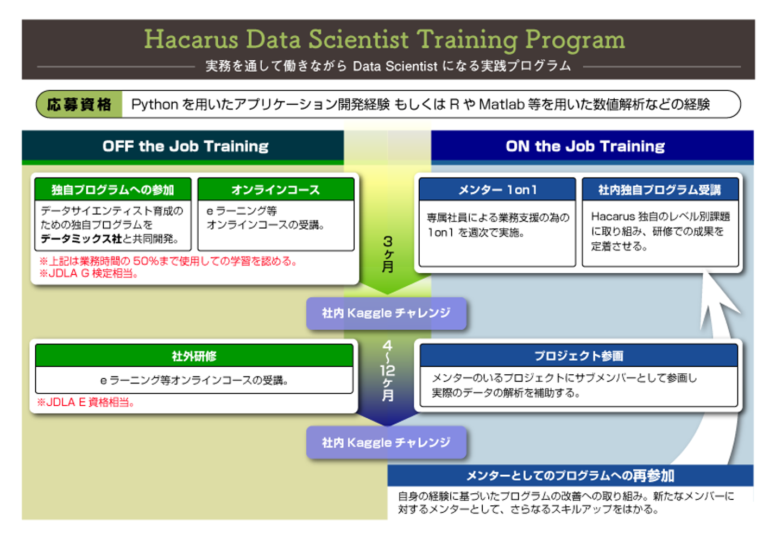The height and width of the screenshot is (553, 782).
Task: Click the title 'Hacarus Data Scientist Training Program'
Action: click(384, 40)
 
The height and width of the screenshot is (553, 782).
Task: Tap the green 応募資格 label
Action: click(79, 104)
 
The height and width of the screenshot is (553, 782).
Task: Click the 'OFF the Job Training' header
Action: click(185, 146)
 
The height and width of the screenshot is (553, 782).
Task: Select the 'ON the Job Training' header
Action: click(585, 146)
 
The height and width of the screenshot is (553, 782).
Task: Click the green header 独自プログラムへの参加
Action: click(113, 190)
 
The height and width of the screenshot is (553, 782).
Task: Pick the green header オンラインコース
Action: click(276, 190)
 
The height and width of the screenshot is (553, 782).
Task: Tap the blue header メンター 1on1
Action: click(497, 190)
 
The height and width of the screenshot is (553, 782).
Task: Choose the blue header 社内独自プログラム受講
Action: click(660, 190)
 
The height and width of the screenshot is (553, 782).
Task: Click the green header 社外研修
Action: click(194, 356)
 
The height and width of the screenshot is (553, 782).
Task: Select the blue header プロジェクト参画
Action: click(579, 356)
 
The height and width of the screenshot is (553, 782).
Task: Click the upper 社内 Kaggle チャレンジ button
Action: click(386, 313)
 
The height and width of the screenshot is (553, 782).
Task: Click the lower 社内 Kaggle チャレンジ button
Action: click(386, 442)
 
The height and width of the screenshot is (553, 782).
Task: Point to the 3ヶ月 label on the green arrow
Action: click(388, 254)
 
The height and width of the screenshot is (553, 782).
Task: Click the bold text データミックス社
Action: click(81, 239)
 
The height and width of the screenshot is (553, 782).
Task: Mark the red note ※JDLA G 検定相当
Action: click(89, 273)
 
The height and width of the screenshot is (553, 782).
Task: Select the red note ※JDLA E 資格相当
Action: click(86, 402)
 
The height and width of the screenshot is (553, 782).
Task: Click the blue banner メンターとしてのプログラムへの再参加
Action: click(570, 475)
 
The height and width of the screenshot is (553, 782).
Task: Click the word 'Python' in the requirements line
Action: click(155, 105)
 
